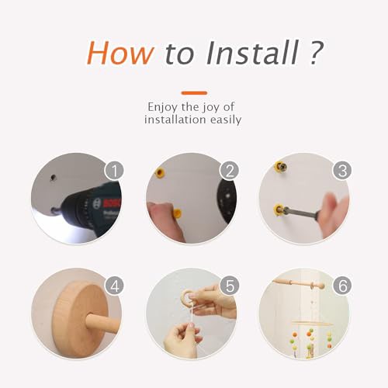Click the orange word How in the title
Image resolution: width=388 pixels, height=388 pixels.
click(x=120, y=53)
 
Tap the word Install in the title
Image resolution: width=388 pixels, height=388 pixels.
click(x=252, y=53)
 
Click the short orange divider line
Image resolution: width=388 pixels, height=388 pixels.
click(x=194, y=93)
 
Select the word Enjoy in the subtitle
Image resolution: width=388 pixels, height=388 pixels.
click(x=163, y=107)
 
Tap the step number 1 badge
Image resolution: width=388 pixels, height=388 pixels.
click(x=114, y=171)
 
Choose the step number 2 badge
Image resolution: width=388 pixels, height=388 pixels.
click(x=230, y=171)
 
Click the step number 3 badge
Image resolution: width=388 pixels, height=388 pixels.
click(x=342, y=171)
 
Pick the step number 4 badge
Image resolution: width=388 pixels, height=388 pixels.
click(x=114, y=286)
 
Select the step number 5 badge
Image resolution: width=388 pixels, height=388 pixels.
click(x=230, y=286)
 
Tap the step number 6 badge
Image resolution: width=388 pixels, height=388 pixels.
click(x=342, y=286)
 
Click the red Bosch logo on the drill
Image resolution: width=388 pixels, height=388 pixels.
click(x=112, y=203)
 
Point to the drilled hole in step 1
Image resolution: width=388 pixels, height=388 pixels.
click(x=54, y=178)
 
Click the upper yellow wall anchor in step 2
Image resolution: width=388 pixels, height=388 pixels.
click(x=160, y=171)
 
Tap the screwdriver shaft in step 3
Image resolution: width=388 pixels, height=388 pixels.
click(x=301, y=213)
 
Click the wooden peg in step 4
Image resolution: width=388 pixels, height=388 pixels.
click(x=102, y=323)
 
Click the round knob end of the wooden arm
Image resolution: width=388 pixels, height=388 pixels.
click(x=320, y=286)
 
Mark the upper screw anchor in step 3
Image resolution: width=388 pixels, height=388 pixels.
click(x=281, y=166)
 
